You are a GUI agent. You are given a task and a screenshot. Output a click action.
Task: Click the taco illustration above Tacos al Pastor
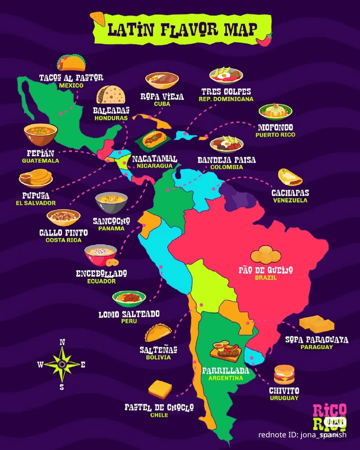coord(71,63)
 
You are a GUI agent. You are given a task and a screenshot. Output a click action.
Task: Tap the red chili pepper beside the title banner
coord(264,40)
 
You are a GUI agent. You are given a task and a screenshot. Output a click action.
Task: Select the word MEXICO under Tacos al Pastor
coord(71,85)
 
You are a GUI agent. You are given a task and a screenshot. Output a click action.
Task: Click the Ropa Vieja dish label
coord(162,97)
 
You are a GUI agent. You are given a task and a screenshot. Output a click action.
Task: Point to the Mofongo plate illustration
coord(275,112)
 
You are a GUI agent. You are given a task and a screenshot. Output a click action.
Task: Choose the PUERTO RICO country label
coord(275,135)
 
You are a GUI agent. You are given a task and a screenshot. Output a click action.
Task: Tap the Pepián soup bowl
coord(41,134)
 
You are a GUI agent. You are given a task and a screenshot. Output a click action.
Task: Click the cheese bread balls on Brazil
coord(266,255)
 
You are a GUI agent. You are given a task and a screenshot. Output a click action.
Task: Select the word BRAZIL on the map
coord(266,278)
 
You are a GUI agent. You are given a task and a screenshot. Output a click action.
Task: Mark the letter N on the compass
coord(62,342)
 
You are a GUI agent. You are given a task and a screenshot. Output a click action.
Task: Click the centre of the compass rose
coord(62,364)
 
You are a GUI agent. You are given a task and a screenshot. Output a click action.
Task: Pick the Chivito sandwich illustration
coord(284,375)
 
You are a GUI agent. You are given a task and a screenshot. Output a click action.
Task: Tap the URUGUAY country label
coord(284,398)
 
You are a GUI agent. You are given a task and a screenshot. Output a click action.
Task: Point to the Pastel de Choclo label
coord(159,407)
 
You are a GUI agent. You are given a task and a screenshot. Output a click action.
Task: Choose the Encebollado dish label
coord(101,274)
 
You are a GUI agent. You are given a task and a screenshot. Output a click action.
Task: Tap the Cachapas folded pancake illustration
coord(290,177)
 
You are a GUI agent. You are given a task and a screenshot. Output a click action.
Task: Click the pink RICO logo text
coord(329,410)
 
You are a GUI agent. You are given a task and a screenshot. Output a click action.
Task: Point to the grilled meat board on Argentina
coord(226,351)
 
